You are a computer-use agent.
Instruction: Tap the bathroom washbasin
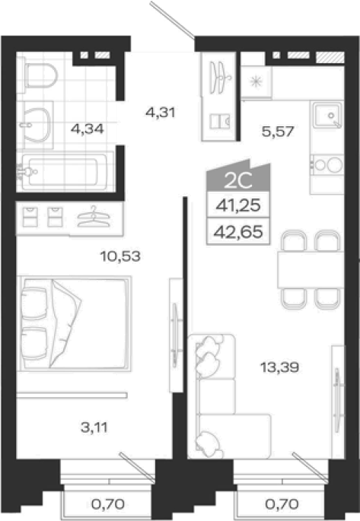[x=35, y=125]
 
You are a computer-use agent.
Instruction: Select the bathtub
[x=65, y=171]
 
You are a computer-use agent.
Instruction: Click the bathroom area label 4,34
[x=87, y=129]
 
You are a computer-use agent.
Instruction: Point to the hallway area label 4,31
[x=161, y=113]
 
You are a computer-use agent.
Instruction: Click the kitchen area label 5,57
[x=278, y=132]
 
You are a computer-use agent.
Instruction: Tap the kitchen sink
[x=327, y=116]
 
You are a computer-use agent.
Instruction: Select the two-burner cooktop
[x=327, y=165]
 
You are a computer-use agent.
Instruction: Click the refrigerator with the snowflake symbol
[x=256, y=81]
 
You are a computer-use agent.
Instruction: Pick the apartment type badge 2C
[x=238, y=180]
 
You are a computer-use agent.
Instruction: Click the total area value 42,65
[x=238, y=231]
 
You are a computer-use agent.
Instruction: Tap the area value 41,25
[x=238, y=205]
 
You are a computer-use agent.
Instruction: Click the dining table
[x=311, y=270]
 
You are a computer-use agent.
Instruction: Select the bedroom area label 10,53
[x=120, y=256]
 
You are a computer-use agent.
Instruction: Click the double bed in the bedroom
[x=74, y=323]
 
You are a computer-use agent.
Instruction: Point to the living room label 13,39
[x=279, y=367]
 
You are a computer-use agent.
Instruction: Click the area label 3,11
[x=94, y=427]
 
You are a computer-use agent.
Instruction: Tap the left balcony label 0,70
[x=108, y=504]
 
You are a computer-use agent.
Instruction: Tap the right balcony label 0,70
[x=282, y=504]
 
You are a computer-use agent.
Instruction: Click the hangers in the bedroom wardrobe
[x=94, y=217]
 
